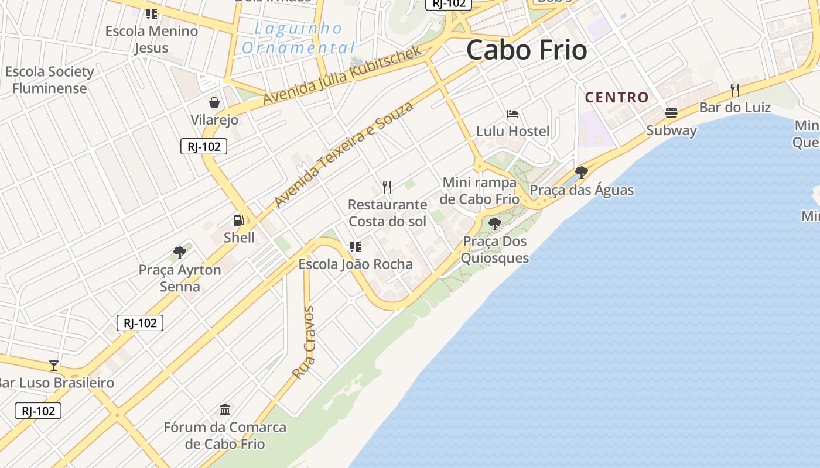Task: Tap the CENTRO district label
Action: click(x=617, y=97)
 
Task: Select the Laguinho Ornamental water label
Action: click(x=299, y=38)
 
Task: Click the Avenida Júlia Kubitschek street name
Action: click(x=342, y=76)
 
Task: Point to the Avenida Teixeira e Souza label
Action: click(x=344, y=154)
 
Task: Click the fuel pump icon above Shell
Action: click(x=239, y=221)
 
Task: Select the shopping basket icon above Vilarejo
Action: click(x=214, y=102)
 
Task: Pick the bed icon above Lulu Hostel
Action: click(x=512, y=113)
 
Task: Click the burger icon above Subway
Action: click(x=671, y=112)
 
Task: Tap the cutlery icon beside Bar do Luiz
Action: click(x=735, y=90)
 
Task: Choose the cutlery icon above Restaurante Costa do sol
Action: click(x=387, y=187)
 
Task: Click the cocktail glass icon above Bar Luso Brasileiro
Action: click(x=54, y=366)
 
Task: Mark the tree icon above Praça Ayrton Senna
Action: click(x=180, y=253)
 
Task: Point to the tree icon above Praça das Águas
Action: click(x=582, y=173)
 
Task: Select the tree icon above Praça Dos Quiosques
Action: click(x=495, y=223)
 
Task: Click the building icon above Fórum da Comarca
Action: click(x=225, y=409)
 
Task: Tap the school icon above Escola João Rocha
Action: click(x=356, y=247)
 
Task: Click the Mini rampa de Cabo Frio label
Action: click(x=480, y=191)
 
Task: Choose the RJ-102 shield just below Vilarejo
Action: click(x=203, y=146)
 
